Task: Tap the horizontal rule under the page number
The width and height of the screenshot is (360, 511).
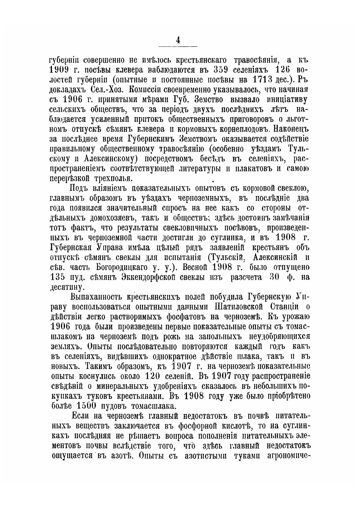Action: click(x=178, y=46)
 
